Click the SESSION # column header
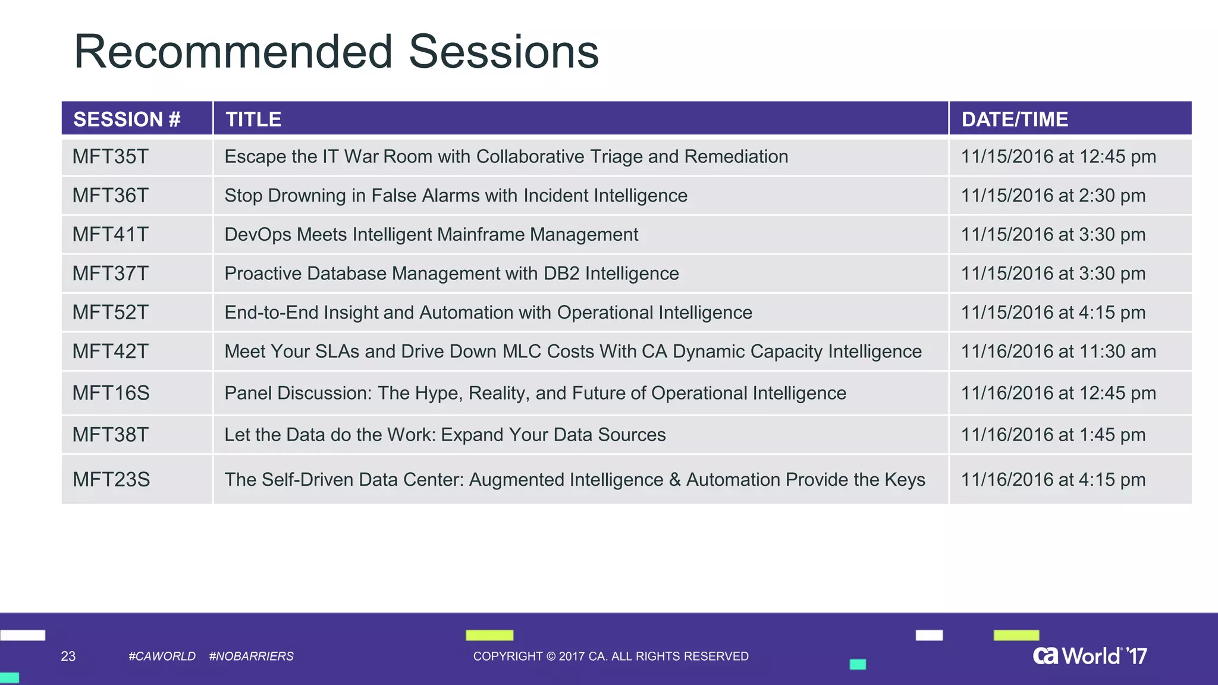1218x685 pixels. click(x=127, y=119)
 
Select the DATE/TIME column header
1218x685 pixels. click(x=1015, y=119)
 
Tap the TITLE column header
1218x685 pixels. click(x=253, y=119)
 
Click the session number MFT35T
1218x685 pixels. click(x=111, y=156)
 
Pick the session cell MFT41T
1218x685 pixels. click(x=111, y=234)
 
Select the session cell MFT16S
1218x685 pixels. click(x=111, y=393)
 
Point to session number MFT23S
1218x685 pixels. click(x=111, y=479)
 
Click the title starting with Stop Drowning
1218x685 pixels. click(x=456, y=195)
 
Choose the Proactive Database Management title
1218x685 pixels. click(x=451, y=274)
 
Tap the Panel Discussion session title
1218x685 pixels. click(x=535, y=393)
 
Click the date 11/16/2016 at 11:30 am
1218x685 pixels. click(x=1058, y=351)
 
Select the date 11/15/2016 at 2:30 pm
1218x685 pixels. click(x=1053, y=195)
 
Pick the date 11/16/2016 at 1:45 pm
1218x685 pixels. click(x=1053, y=435)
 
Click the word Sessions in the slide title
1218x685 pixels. click(x=504, y=52)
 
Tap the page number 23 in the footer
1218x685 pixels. click(x=68, y=656)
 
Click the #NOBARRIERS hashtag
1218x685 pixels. click(x=251, y=656)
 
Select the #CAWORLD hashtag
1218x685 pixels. click(x=162, y=656)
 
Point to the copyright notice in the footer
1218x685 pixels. click(x=611, y=656)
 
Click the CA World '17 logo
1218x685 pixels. click(x=1090, y=656)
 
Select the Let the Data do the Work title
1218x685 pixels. click(x=445, y=435)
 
